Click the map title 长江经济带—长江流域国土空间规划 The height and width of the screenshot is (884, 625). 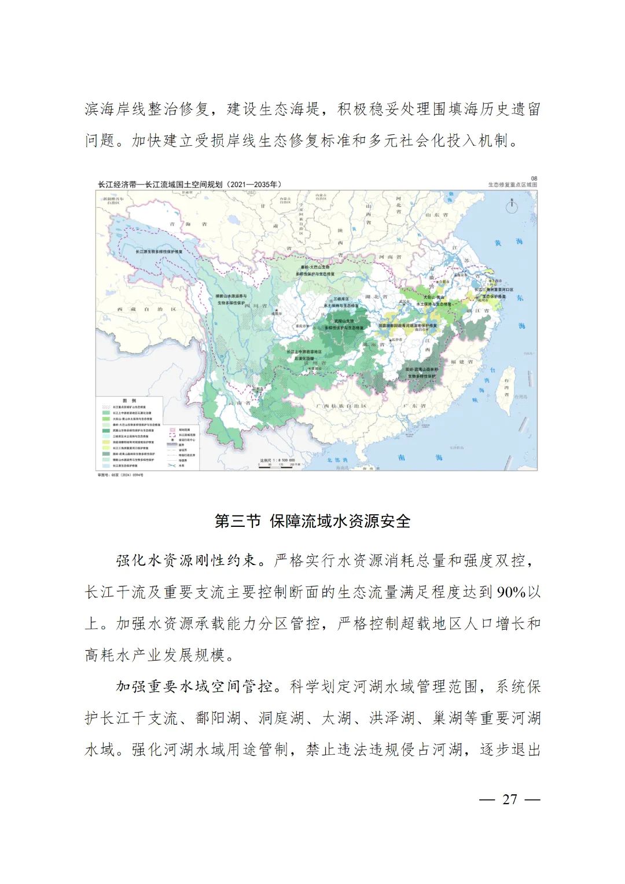click(189, 185)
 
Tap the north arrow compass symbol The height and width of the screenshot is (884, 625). click(512, 206)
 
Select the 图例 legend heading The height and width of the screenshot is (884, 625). click(129, 401)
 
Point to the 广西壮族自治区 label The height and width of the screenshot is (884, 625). click(341, 406)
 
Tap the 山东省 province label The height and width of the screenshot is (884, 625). click(437, 215)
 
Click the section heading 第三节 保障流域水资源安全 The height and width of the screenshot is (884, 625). click(312, 521)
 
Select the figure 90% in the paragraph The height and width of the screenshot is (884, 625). click(511, 592)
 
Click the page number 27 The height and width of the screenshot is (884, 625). click(509, 799)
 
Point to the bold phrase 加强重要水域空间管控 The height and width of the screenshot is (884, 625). click(194, 687)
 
